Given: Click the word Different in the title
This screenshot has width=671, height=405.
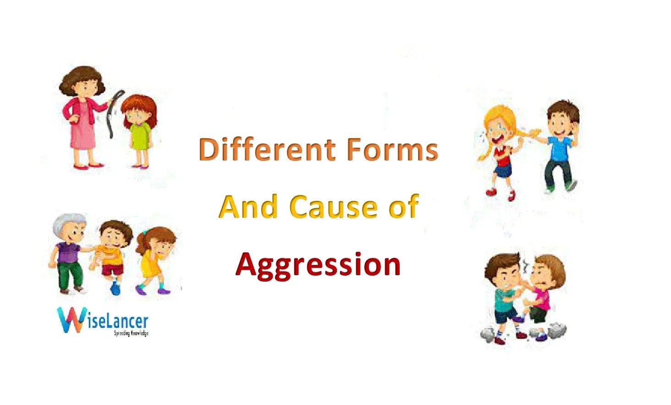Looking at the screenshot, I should pos(267,150).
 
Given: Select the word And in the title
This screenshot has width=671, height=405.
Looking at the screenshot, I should pos(248,207).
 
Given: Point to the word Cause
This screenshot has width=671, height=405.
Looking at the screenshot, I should pos(334,207).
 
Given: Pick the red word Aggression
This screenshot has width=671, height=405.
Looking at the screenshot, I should pos(318,265).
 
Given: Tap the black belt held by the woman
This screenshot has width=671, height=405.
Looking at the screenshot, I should pos(113,112).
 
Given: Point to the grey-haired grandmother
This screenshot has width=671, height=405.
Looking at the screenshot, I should pos(69,252).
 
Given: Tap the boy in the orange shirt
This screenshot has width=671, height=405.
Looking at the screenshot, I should pos(112,252).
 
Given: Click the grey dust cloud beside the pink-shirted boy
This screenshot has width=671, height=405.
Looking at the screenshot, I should pos(557,329).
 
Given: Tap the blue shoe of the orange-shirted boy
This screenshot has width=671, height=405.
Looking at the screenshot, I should pos(116,288).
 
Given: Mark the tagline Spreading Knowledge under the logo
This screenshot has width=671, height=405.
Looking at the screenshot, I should pos(131,333).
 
